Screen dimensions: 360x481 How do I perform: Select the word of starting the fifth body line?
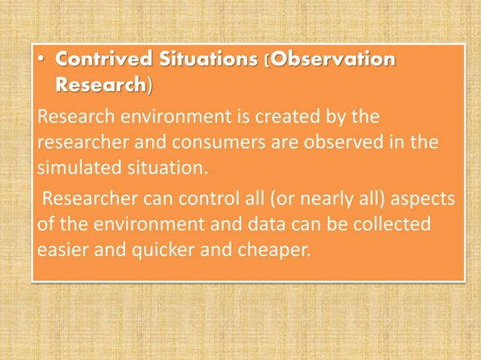point(44,224)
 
